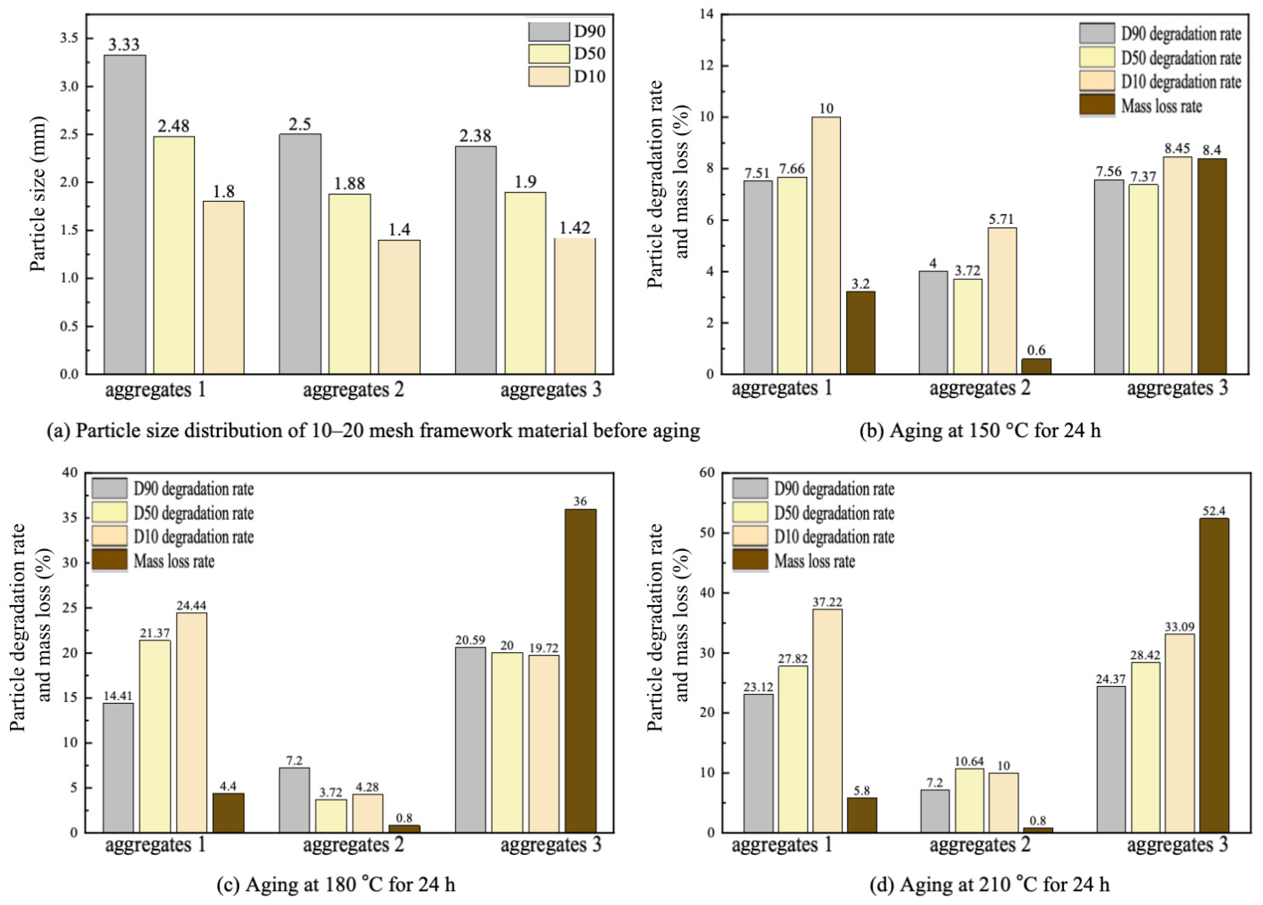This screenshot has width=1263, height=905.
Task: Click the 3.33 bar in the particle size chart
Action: click(x=125, y=214)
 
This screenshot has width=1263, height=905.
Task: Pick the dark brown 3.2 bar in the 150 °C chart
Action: click(x=860, y=333)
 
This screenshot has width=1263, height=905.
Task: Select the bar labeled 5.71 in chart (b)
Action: click(x=1002, y=301)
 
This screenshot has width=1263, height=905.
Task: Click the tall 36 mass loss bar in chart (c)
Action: click(x=580, y=671)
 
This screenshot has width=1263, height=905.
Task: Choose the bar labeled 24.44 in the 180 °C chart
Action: click(x=192, y=723)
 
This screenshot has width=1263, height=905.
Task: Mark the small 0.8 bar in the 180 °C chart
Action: click(x=405, y=829)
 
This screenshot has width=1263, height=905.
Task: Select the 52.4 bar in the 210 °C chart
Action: click(x=1214, y=675)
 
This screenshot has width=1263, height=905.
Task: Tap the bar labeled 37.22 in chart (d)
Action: click(x=828, y=721)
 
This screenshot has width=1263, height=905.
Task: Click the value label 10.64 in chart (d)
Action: click(x=970, y=761)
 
